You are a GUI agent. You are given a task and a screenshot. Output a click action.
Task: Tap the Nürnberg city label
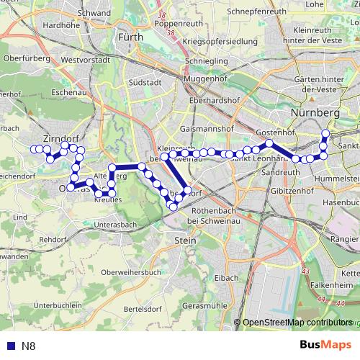(x=315, y=114)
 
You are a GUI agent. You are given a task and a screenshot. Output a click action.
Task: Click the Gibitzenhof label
(x=284, y=192)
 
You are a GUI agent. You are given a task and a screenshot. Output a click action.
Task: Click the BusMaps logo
(x=325, y=346)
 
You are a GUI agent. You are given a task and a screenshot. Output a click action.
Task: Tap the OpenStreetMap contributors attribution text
(x=297, y=322)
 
